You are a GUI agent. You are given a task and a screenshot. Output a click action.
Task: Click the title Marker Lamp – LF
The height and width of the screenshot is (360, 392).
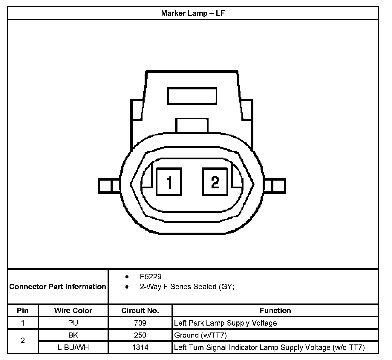[193, 13]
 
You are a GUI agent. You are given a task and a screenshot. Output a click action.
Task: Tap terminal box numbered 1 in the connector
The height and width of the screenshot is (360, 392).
[169, 182]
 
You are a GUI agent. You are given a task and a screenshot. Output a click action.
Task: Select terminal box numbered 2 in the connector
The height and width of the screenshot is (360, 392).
[215, 182]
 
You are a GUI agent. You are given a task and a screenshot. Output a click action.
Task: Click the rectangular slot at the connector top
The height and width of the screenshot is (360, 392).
[192, 96]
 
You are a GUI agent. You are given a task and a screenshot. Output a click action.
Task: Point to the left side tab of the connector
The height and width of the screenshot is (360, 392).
[109, 186]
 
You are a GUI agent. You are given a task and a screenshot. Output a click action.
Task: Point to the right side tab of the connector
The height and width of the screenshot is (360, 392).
[275, 186]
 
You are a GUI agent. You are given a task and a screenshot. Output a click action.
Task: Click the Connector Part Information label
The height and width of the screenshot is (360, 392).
[58, 287]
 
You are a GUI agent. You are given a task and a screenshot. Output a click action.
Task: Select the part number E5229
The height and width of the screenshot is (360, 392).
[150, 277]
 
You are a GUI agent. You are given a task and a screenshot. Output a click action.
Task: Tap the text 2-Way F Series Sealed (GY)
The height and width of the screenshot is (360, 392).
[187, 287]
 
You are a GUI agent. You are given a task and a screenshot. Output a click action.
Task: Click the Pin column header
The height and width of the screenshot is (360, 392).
[23, 311]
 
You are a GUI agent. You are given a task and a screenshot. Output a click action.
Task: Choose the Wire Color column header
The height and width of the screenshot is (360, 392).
[73, 311]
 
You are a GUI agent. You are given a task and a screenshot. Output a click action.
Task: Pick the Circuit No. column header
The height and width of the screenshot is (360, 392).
[140, 311]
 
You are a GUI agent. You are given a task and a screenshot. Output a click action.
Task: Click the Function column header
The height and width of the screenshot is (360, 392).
[275, 311]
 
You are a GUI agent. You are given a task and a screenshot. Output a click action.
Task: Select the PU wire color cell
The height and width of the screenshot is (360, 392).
[73, 323]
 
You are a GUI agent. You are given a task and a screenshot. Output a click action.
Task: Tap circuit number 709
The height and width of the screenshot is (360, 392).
[140, 323]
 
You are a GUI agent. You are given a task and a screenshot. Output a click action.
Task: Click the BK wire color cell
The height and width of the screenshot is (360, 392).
[73, 335]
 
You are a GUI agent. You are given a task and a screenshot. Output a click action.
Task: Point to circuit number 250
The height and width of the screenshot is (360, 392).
[140, 335]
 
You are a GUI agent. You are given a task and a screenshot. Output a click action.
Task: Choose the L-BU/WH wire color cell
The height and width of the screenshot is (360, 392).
[73, 347]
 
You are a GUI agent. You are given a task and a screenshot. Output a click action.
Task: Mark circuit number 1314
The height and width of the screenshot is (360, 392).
[140, 347]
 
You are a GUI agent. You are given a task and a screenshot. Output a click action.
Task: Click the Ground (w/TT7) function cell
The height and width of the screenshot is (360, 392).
[200, 335]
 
